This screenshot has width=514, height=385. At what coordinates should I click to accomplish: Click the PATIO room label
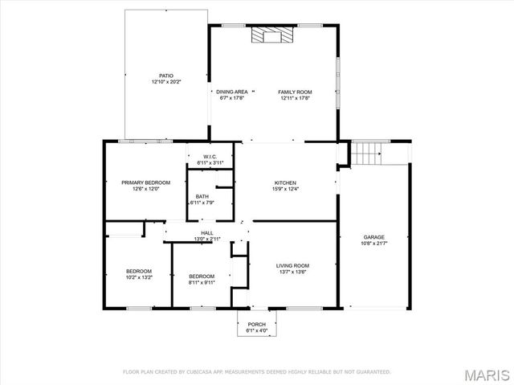point(166,76)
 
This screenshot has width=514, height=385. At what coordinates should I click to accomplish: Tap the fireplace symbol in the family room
point(270,35)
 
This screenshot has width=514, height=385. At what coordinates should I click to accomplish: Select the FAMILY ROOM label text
point(295,92)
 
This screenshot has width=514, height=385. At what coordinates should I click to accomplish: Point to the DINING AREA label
point(231,92)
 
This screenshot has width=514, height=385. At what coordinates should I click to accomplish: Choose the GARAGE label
point(373,237)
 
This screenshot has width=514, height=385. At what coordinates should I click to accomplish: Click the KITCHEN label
point(287,182)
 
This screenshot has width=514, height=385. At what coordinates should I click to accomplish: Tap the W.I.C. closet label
point(210,157)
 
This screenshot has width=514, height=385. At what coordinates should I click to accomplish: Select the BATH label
point(202,196)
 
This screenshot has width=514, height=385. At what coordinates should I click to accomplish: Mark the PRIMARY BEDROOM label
point(134,182)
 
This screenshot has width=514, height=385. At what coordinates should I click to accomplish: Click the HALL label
point(207,233)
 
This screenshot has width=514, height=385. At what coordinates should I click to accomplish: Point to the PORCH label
point(256,324)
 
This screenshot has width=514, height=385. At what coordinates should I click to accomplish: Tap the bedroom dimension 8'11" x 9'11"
point(202,282)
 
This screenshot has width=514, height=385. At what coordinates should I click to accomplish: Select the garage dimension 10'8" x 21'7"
point(373,244)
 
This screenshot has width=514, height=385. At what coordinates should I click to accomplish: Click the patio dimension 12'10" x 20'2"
point(166,82)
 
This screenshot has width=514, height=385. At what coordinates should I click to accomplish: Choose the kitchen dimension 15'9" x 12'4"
point(287,189)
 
